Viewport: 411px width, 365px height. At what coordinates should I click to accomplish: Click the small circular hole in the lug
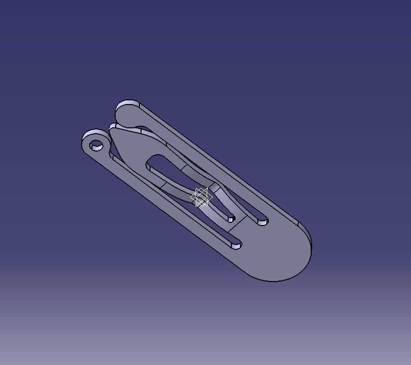click(96, 145)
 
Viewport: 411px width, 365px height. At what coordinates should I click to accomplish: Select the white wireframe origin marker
click(201, 198)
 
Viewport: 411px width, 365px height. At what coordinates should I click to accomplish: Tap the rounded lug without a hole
click(127, 113)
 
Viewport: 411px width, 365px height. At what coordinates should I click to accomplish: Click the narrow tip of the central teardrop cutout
click(230, 217)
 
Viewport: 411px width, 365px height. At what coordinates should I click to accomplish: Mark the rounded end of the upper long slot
click(263, 221)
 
